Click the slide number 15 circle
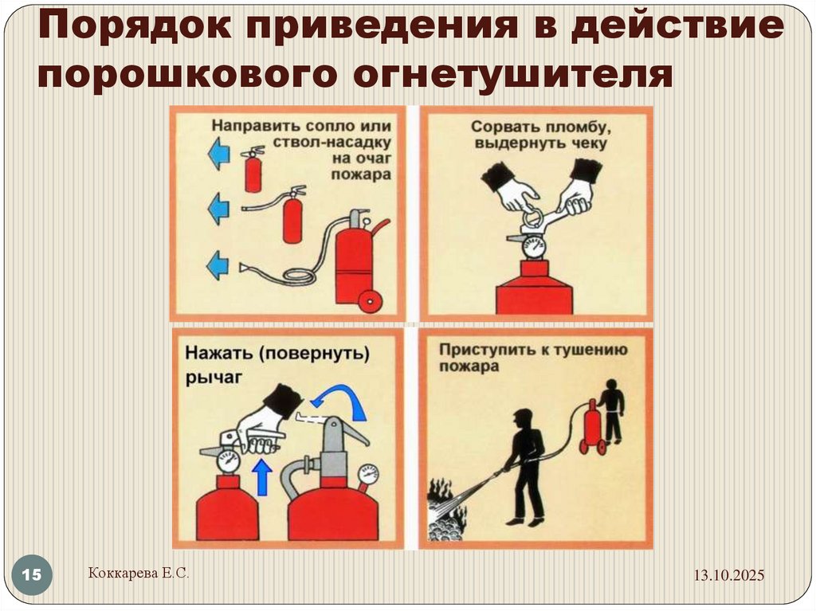[33, 575]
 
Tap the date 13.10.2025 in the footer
[728, 575]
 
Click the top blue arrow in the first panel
[218, 153]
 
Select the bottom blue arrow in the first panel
[218, 264]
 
